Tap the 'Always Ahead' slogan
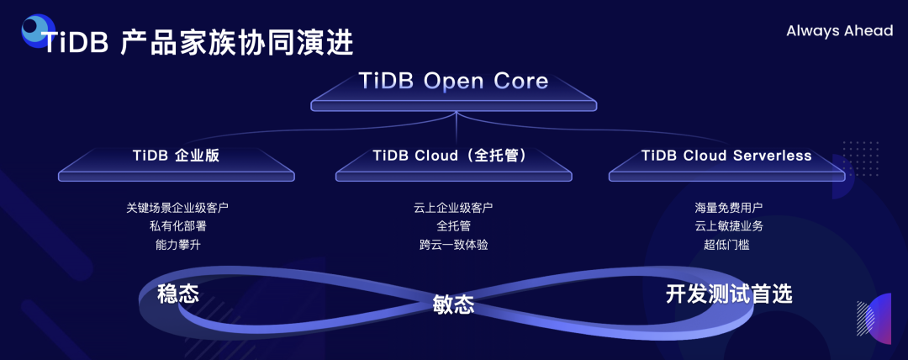pyautogui.click(x=839, y=31)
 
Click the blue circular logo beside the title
pyautogui.click(x=35, y=29)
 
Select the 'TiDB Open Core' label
pyautogui.click(x=453, y=81)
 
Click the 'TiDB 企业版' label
pyautogui.click(x=177, y=156)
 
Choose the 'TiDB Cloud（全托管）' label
pyautogui.click(x=454, y=156)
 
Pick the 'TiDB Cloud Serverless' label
pyautogui.click(x=726, y=156)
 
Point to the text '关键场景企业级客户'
pyautogui.click(x=177, y=207)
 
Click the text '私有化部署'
pyautogui.click(x=177, y=225)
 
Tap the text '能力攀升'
pyautogui.click(x=177, y=245)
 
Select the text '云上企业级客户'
pyautogui.click(x=453, y=207)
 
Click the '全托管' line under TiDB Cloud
pyautogui.click(x=453, y=225)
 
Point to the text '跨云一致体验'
pyautogui.click(x=453, y=245)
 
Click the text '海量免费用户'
pyautogui.click(x=728, y=207)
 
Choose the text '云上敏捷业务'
pyautogui.click(x=728, y=225)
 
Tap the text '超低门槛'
pyautogui.click(x=728, y=245)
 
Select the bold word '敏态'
pyautogui.click(x=453, y=304)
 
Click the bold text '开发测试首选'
pyautogui.click(x=729, y=294)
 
